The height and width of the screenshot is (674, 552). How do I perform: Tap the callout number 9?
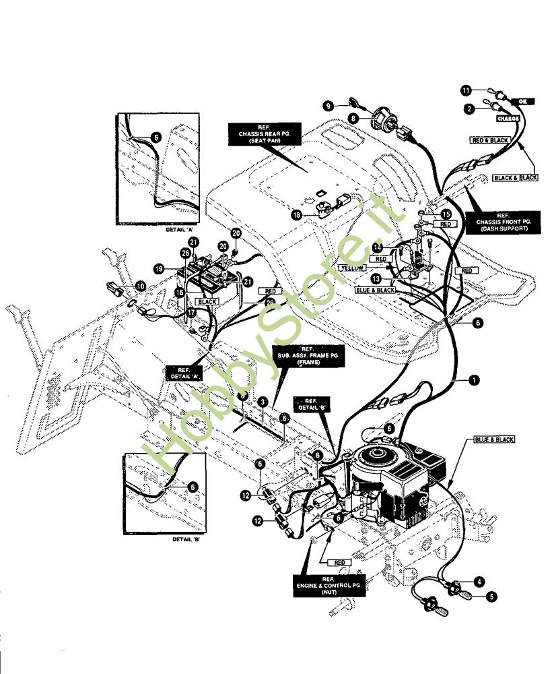tap(328, 105)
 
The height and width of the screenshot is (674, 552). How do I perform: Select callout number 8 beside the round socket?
tap(351, 119)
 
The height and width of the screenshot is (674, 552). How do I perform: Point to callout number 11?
tap(464, 89)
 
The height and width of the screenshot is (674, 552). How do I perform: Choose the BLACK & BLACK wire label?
tap(515, 177)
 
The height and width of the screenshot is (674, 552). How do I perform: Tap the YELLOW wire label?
tap(353, 268)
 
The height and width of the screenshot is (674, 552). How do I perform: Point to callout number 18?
tap(297, 214)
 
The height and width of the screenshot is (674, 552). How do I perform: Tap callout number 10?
tap(140, 286)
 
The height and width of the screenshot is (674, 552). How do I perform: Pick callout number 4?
tap(479, 580)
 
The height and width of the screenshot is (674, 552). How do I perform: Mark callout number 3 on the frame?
tap(263, 402)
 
